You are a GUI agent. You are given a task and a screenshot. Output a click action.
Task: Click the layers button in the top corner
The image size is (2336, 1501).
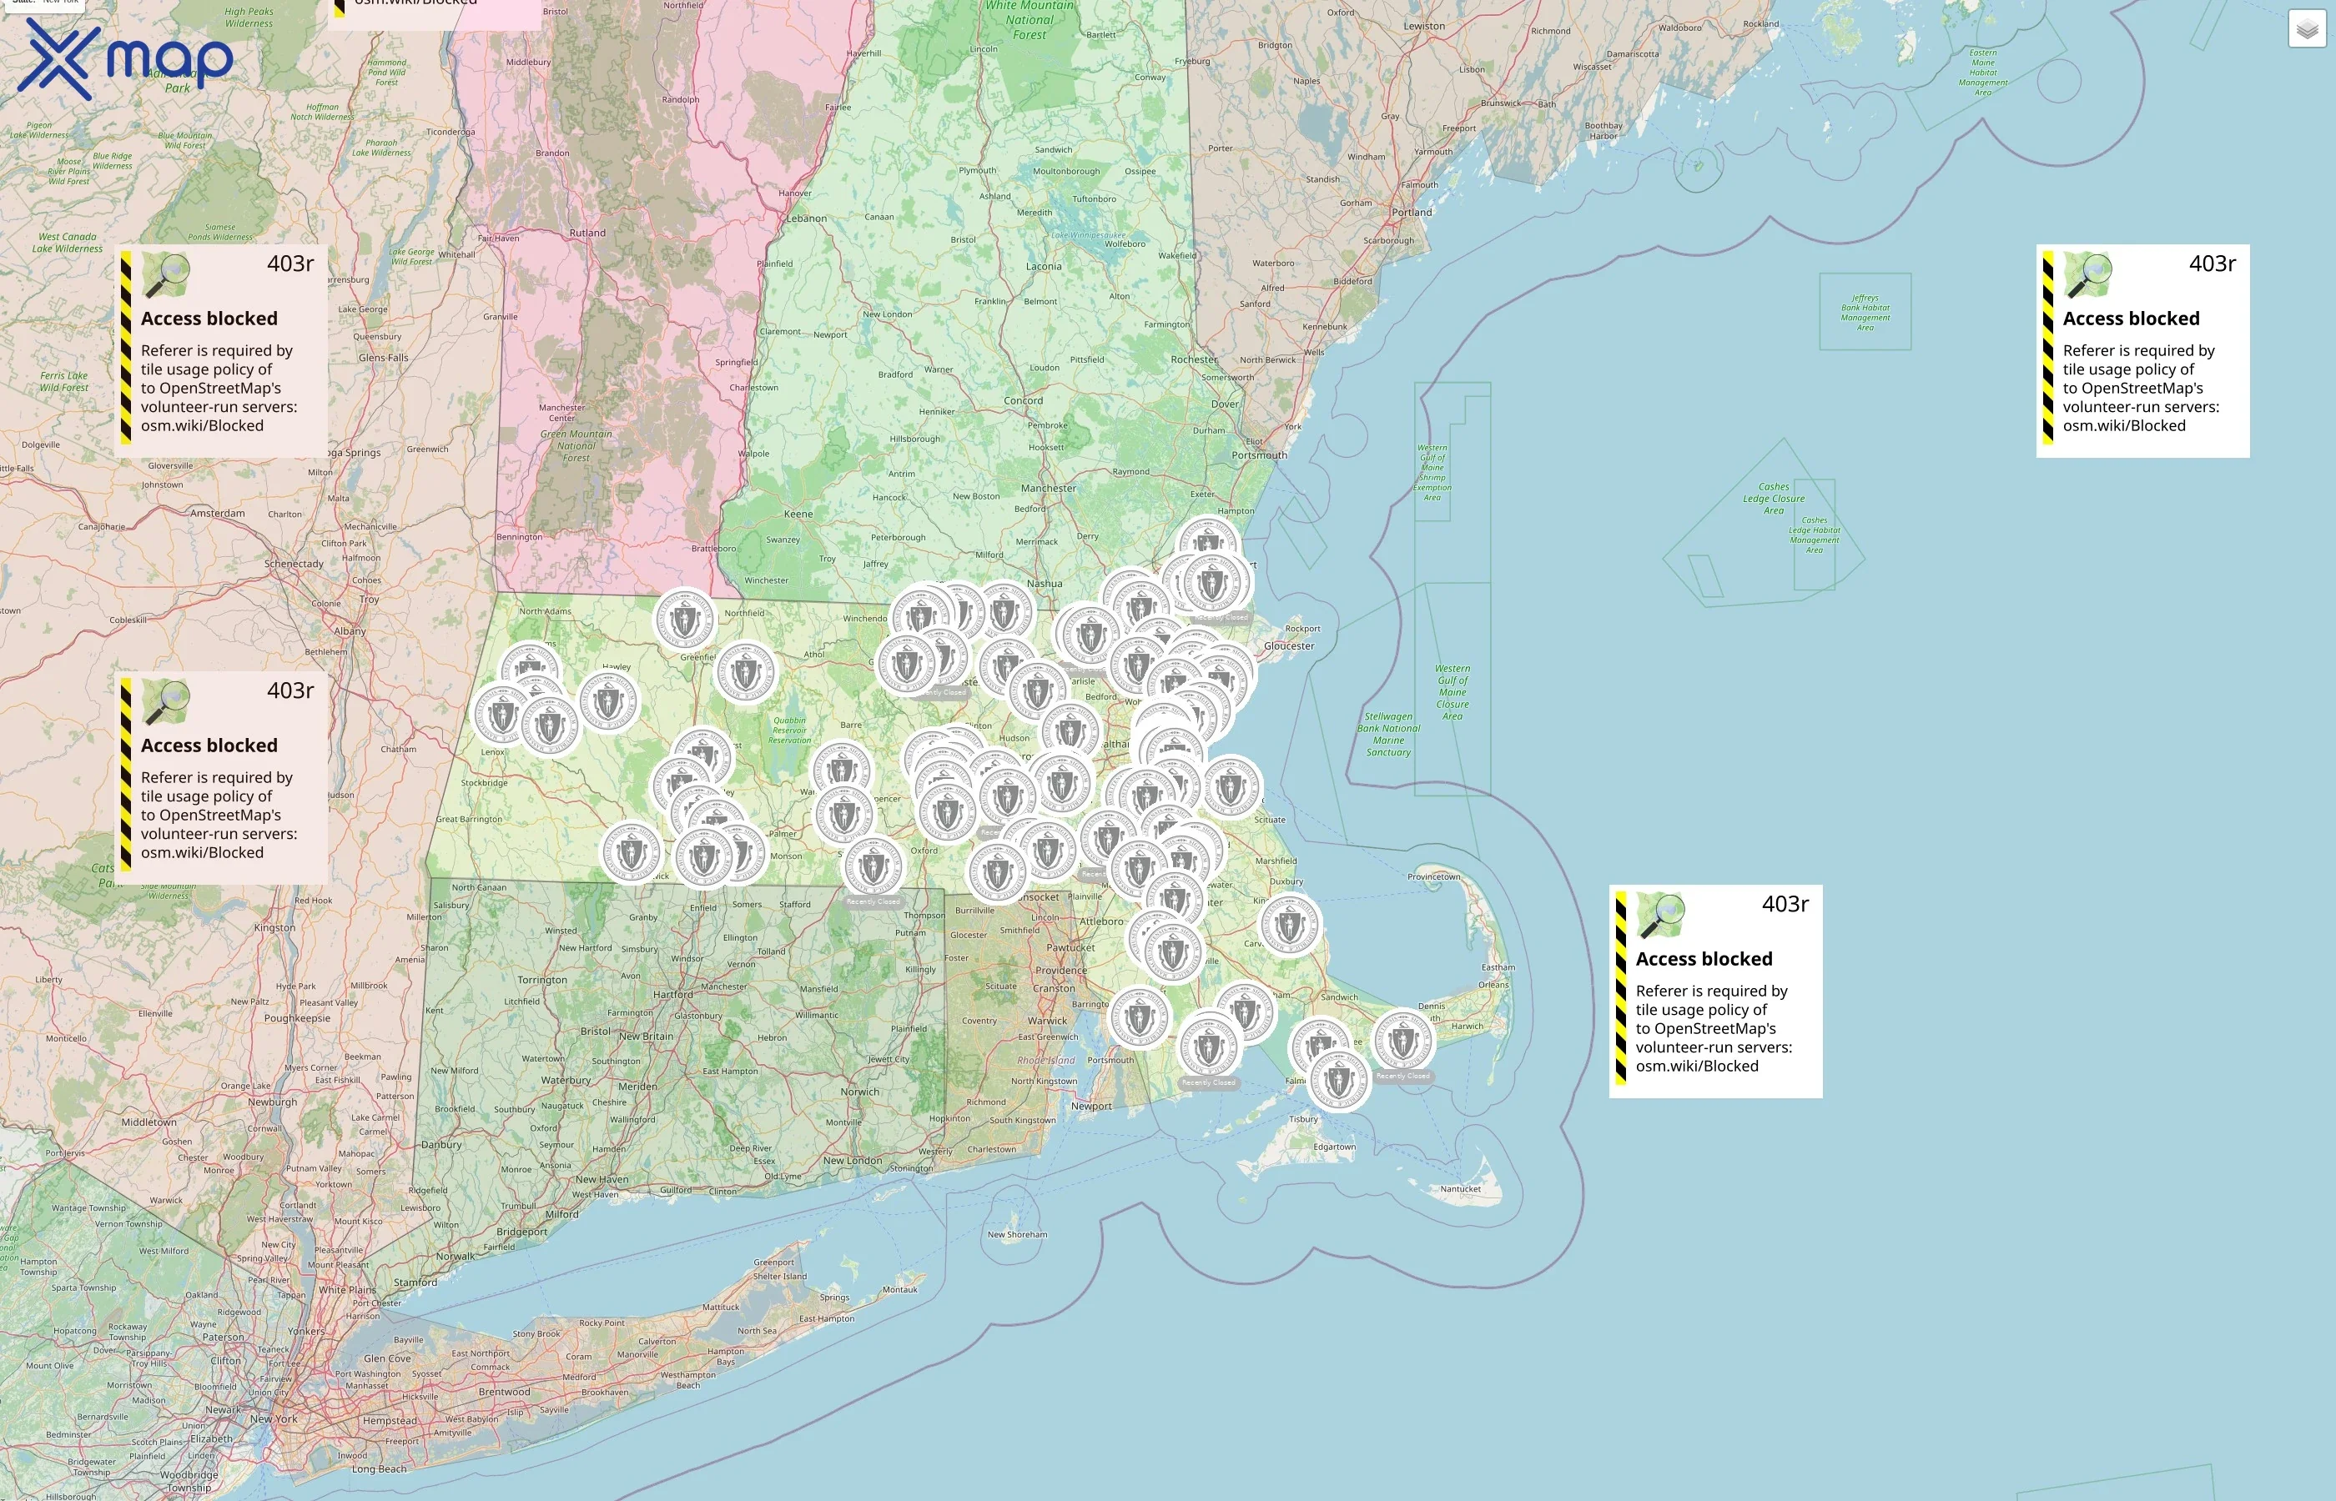[2307, 29]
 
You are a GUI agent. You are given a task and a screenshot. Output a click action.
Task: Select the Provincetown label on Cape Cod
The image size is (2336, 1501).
[1433, 877]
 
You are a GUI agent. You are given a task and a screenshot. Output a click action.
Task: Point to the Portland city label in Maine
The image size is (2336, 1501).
[1412, 213]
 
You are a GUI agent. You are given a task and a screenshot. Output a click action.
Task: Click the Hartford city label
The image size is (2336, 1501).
[672, 995]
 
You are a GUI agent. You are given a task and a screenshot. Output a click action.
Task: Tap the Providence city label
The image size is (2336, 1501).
[1060, 971]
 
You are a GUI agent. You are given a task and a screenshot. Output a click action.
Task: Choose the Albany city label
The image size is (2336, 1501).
[350, 631]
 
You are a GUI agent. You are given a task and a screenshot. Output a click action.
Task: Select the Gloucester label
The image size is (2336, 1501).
[1289, 646]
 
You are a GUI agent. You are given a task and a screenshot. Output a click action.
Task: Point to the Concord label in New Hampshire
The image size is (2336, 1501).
[1023, 400]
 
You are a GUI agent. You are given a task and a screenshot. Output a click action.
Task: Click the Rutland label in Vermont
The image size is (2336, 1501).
[587, 233]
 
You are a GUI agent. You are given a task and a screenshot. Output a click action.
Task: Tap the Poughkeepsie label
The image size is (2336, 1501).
[297, 1018]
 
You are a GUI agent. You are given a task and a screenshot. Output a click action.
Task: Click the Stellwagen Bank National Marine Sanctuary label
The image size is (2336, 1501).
[1388, 734]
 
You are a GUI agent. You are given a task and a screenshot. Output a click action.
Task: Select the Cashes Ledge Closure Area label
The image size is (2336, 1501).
[1774, 498]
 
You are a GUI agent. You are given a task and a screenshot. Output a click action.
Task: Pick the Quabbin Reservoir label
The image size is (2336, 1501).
[790, 730]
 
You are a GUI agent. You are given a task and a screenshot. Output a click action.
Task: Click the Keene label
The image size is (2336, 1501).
[798, 514]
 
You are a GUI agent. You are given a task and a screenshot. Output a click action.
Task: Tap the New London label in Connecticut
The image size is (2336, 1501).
[852, 1161]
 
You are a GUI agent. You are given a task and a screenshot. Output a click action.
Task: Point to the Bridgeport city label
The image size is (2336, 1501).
[521, 1232]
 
